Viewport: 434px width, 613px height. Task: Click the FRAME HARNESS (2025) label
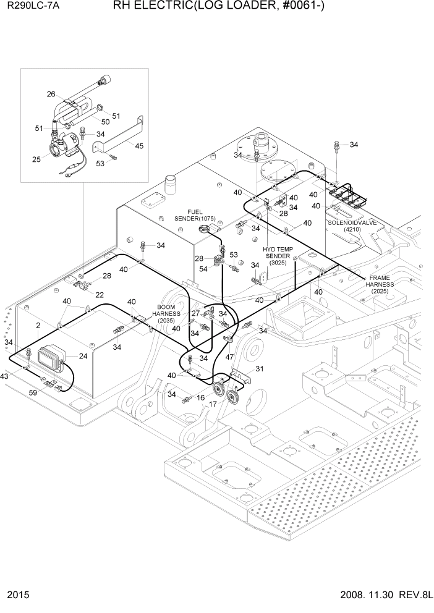coord(384,284)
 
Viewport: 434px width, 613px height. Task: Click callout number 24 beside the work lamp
coord(83,355)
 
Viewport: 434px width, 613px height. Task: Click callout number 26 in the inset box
coord(51,95)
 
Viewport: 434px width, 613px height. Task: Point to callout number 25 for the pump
coord(36,159)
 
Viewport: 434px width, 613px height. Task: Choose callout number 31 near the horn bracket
coord(260,369)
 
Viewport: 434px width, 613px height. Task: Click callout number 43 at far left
coord(4,377)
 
